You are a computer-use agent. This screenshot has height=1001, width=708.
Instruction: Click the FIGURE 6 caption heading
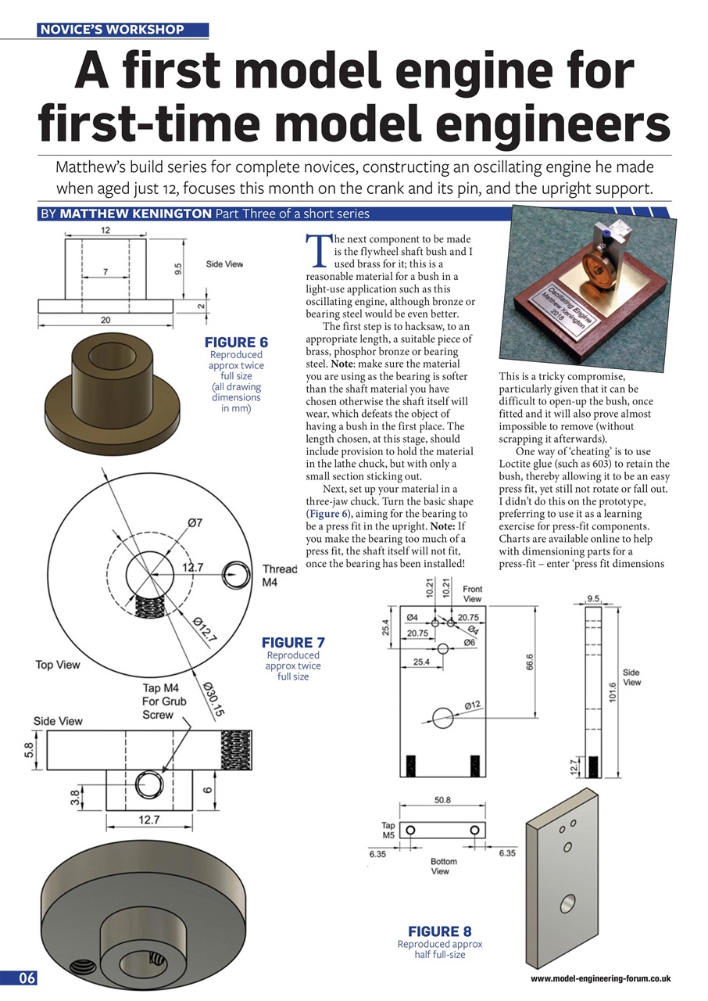click(236, 343)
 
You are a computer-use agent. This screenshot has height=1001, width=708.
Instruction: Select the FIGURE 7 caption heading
click(293, 643)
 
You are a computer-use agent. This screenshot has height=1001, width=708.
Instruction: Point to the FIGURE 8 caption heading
click(439, 931)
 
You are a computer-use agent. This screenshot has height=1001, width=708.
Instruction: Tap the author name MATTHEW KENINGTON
click(132, 213)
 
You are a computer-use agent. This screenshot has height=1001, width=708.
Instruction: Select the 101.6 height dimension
click(613, 693)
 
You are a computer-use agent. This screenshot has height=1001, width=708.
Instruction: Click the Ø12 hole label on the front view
click(472, 705)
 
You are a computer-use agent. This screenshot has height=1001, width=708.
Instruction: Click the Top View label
click(58, 665)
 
